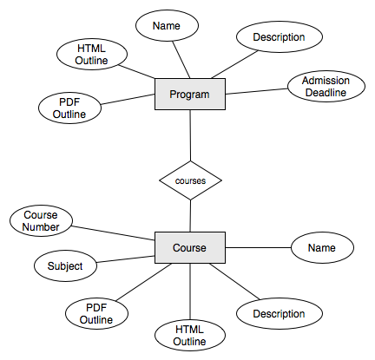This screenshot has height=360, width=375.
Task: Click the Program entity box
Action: [190, 94]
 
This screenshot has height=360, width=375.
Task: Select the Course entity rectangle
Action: [190, 247]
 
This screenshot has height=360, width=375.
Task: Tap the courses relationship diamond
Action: [190, 180]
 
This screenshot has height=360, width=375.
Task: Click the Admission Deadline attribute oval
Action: [326, 86]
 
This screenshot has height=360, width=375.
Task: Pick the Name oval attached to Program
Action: [167, 25]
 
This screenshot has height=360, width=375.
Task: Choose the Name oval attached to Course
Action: [322, 248]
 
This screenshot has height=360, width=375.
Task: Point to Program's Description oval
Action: [280, 36]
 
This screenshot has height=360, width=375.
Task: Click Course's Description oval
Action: [280, 313]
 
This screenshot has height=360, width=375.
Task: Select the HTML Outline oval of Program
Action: [91, 55]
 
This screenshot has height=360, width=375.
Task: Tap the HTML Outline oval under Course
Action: [190, 335]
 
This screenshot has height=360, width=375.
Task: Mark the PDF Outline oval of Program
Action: [69, 108]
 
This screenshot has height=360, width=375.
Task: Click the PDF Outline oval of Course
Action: [96, 313]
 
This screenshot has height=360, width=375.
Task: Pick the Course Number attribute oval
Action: [41, 221]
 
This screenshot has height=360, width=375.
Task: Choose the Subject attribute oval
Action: [65, 265]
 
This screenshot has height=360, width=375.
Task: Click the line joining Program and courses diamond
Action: [190, 135]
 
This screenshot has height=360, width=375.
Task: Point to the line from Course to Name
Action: [258, 247]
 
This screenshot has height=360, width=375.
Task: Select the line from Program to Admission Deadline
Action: [256, 91]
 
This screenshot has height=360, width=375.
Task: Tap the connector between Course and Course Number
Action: [114, 233]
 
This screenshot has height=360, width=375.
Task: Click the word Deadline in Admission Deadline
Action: [326, 93]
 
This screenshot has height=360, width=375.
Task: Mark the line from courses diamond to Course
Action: [190, 216]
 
